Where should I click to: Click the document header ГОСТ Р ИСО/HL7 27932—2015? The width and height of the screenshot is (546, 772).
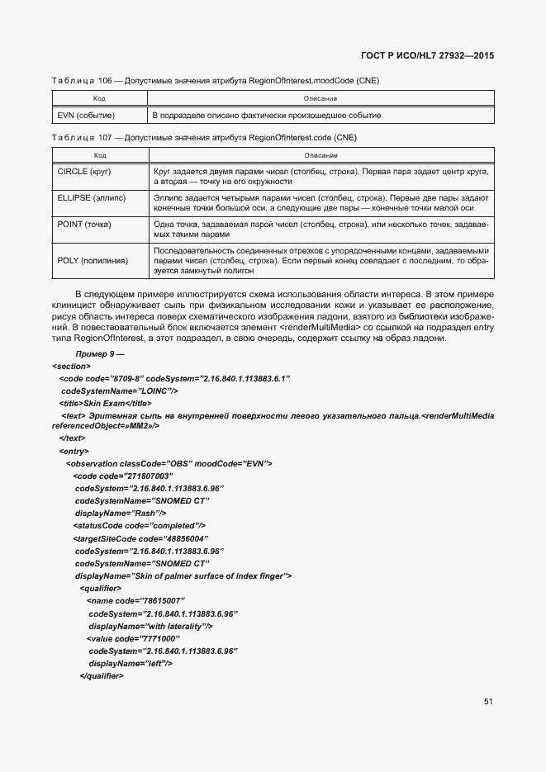pos(432,55)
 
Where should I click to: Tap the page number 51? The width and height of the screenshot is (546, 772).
pos(488,702)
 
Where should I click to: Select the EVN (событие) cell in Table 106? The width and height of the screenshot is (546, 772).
pos(86,115)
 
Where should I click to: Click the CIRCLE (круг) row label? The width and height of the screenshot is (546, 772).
pos(84,170)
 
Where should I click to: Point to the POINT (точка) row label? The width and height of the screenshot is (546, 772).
pos(84,225)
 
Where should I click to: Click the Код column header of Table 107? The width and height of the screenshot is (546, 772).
pos(99,154)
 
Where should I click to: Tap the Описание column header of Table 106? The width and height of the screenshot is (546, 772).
pos(320,98)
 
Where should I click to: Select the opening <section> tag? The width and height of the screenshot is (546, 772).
pos(71,365)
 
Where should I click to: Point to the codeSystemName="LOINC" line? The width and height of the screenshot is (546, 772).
pos(120,390)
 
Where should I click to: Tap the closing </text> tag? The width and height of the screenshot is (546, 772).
pos(72,438)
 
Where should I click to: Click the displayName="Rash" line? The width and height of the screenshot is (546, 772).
pos(121,513)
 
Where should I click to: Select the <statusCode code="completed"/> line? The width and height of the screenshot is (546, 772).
pos(140,525)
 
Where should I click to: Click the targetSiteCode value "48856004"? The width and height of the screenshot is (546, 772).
pos(168,538)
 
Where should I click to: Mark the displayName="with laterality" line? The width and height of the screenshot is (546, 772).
pos(151,627)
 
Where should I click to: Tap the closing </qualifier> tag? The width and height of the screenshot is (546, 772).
pos(101,676)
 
